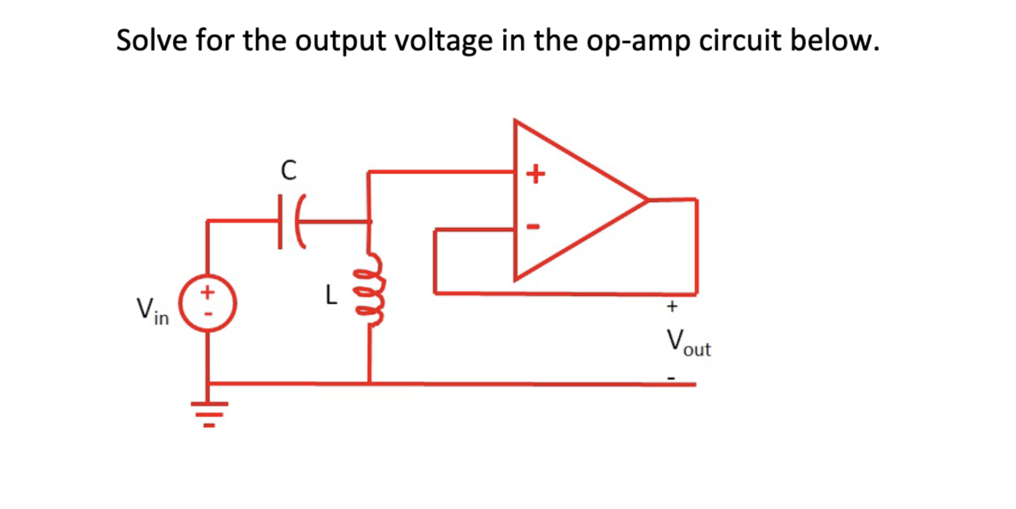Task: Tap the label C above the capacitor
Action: tap(288, 171)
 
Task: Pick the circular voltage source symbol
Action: tap(207, 305)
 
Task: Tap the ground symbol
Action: tap(208, 409)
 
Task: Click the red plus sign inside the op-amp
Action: tap(533, 175)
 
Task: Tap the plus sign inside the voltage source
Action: tap(208, 292)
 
